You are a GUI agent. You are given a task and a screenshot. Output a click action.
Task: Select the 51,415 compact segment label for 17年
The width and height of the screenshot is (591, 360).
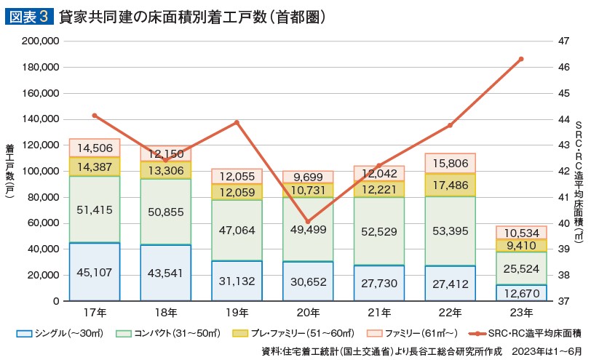click(95, 210)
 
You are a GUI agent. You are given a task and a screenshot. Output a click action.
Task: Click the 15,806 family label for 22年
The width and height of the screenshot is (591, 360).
click(450, 164)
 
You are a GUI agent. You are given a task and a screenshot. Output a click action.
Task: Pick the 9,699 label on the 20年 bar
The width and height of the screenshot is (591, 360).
click(309, 177)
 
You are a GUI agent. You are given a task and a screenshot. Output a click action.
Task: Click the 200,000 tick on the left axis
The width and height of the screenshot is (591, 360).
click(41, 41)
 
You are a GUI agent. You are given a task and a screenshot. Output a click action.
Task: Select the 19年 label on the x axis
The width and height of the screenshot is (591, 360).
click(237, 313)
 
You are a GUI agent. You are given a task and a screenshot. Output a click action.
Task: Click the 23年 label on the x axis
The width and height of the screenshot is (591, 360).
click(521, 313)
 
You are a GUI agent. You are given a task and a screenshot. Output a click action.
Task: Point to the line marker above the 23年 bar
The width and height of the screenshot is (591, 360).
click(521, 59)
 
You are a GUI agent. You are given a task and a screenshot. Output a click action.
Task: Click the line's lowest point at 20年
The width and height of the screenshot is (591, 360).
click(308, 221)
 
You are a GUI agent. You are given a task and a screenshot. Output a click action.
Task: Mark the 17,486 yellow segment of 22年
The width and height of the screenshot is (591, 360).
click(450, 185)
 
